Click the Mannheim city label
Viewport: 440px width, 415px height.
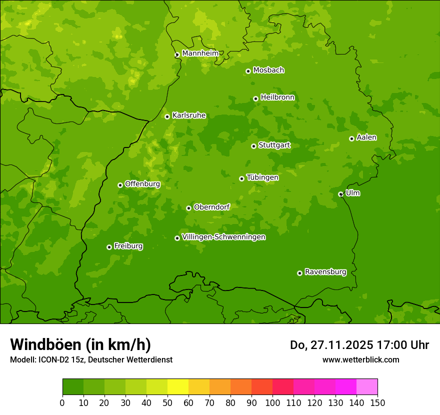200,53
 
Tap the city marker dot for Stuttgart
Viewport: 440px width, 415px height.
253,146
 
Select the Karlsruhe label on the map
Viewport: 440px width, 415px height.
188,115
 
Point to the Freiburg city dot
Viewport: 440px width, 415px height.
109,247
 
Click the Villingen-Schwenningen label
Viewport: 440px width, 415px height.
223,237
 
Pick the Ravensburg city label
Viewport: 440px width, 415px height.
325,272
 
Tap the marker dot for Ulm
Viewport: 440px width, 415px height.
340,194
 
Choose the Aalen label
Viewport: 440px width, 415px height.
366,137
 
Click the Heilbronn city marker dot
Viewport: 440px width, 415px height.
255,98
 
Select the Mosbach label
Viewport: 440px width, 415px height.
268,70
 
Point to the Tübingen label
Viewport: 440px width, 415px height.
262,177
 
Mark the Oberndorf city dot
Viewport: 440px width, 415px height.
188,208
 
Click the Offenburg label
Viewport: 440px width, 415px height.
142,184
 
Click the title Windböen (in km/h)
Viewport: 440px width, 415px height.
80,344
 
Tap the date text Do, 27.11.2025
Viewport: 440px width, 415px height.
331,345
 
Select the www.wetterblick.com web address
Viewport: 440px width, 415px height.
360,359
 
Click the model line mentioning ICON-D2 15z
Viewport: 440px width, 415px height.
91,359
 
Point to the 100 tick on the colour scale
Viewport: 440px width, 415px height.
272,402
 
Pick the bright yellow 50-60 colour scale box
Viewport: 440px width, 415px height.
177,387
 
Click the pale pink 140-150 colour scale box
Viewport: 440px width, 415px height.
366,387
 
